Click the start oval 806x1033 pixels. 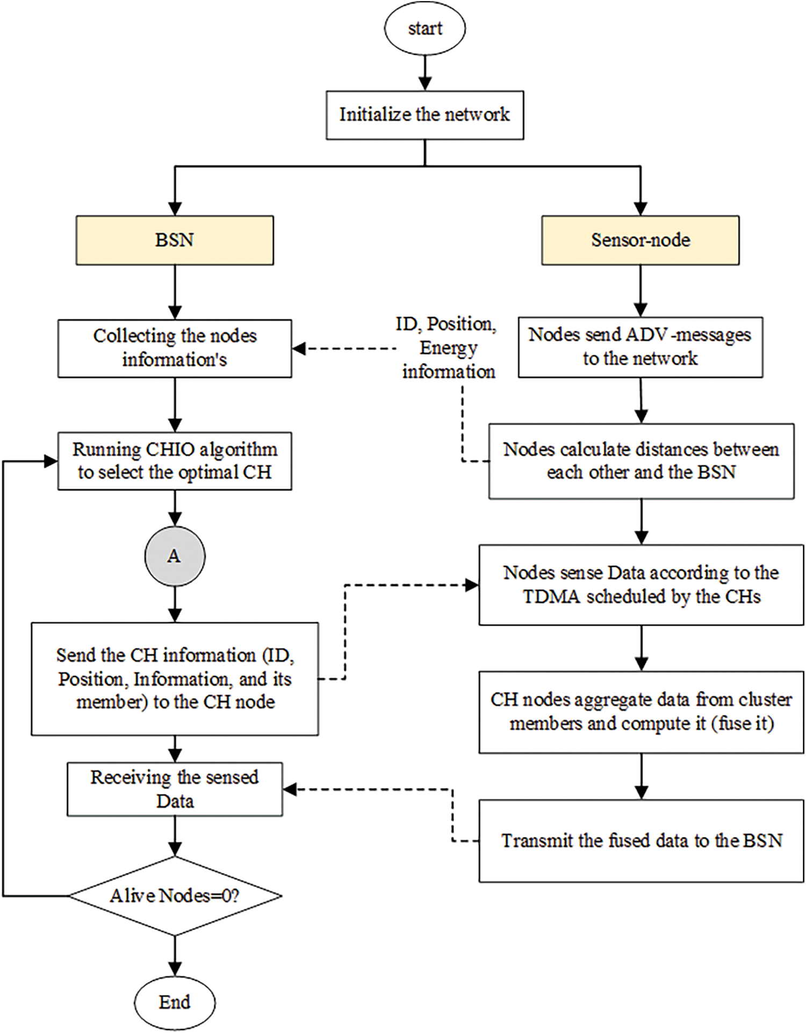(x=424, y=28)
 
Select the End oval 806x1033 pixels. (x=175, y=1002)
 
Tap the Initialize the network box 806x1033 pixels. (x=424, y=115)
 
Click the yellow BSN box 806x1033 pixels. (x=175, y=240)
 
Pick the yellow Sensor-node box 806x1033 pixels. (x=641, y=240)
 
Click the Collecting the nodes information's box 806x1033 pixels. (x=175, y=348)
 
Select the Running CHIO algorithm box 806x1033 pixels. (x=175, y=461)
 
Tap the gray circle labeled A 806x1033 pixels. (x=175, y=556)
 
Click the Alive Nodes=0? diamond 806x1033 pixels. (x=175, y=895)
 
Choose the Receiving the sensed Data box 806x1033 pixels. (x=175, y=789)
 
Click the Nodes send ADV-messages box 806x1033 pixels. (x=641, y=347)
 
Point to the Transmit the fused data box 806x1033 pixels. (x=642, y=841)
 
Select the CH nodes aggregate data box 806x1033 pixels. (x=642, y=712)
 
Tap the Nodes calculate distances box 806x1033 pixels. (x=642, y=461)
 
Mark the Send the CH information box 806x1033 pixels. (x=175, y=679)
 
